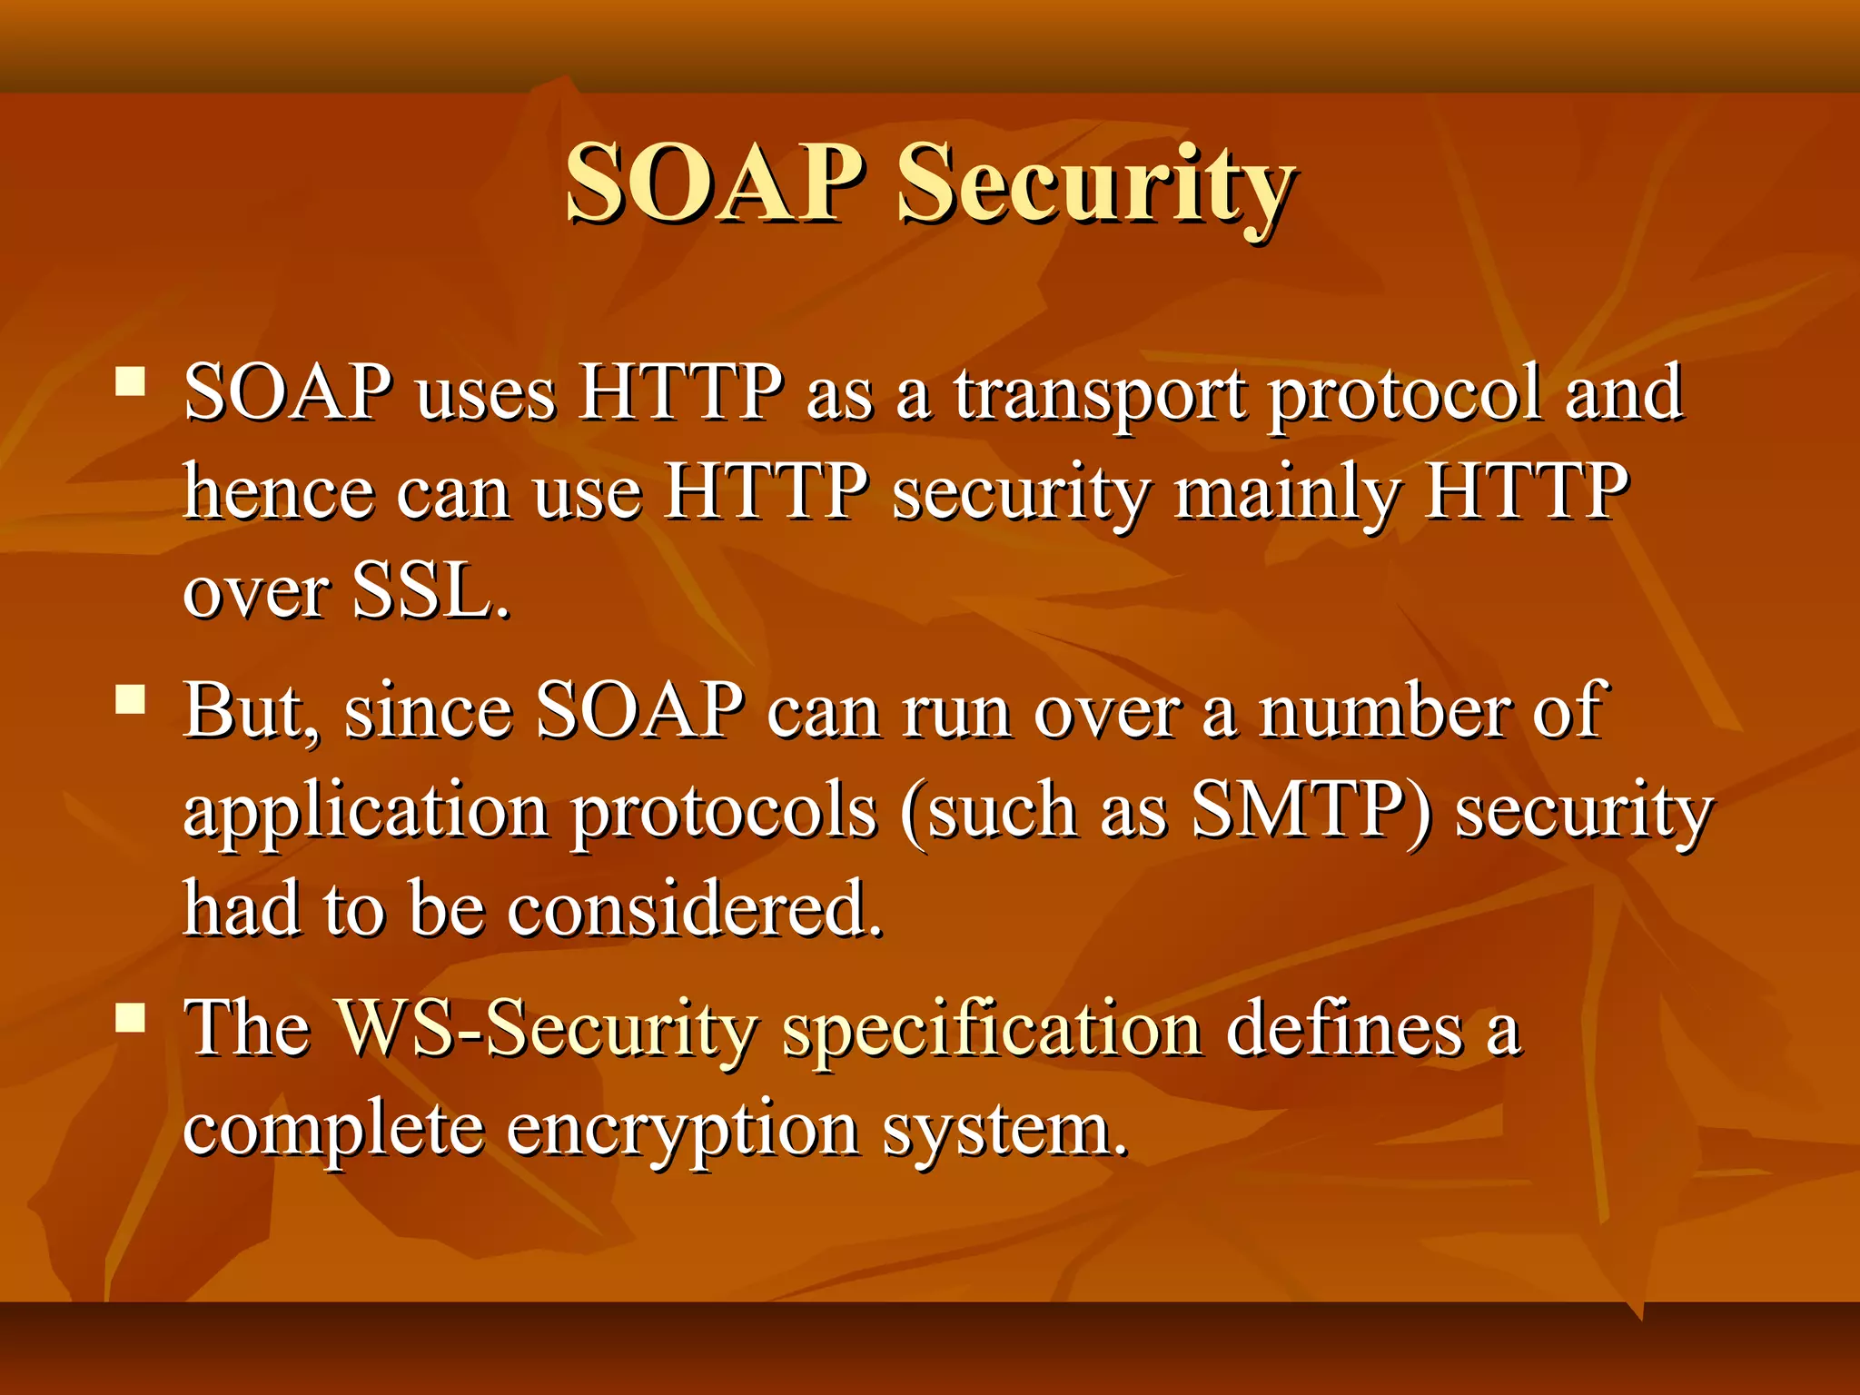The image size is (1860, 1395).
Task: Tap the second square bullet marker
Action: pyautogui.click(x=131, y=699)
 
